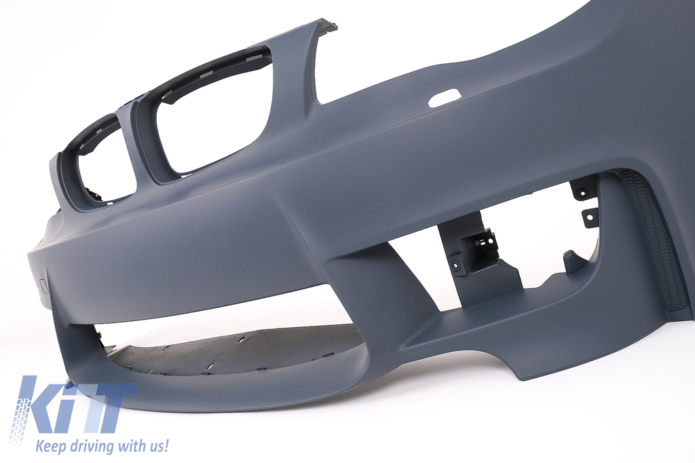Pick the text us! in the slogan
pyautogui.click(x=159, y=445)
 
